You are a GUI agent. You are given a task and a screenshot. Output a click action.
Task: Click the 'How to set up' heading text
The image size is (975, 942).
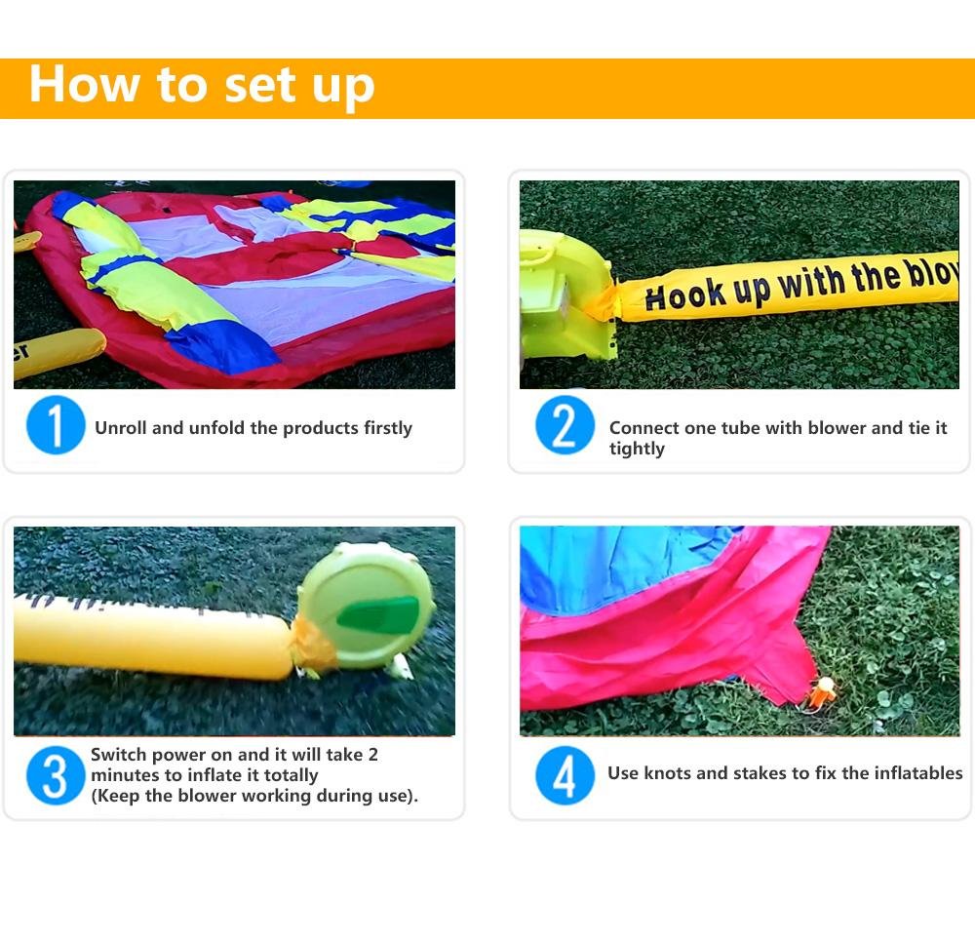click(x=202, y=86)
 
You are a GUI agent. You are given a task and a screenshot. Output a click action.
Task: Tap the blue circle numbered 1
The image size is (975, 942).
click(x=56, y=425)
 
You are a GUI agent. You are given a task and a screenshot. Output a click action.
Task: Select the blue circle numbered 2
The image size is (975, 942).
click(x=565, y=425)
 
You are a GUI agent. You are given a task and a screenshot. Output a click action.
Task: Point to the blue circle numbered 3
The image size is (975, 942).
click(x=56, y=775)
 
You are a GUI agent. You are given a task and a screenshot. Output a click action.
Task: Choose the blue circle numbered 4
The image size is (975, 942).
click(x=565, y=775)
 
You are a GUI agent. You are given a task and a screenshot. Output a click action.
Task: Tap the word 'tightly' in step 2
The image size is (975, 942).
click(x=637, y=449)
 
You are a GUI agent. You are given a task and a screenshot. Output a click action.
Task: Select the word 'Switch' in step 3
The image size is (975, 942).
click(x=119, y=754)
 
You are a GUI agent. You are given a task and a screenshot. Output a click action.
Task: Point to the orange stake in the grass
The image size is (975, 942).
click(x=823, y=692)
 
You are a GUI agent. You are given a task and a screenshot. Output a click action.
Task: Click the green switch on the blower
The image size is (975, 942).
click(x=378, y=613)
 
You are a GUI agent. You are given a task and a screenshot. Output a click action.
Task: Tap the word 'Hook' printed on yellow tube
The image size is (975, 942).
click(x=685, y=294)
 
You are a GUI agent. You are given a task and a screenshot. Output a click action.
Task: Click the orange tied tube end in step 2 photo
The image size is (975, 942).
click(x=601, y=301)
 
